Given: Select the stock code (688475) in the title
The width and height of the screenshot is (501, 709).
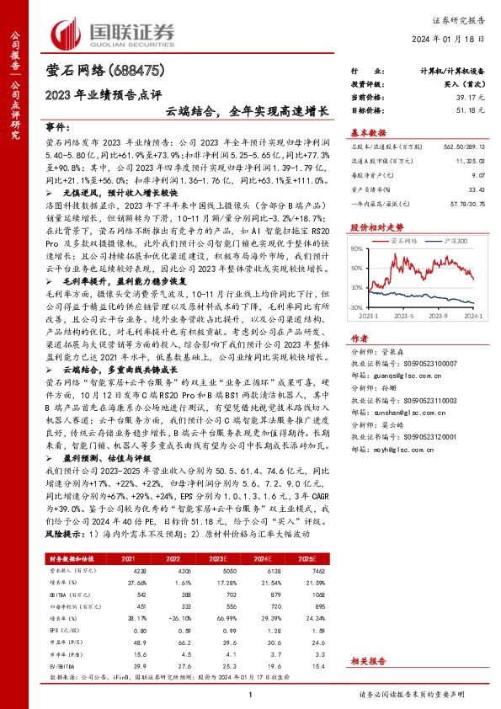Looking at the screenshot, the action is (x=132, y=72).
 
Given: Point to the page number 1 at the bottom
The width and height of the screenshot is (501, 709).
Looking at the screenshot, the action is (x=251, y=694).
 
